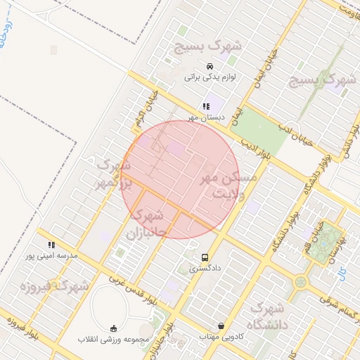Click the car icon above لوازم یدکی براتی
(x=210, y=66)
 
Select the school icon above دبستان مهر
(x=205, y=107)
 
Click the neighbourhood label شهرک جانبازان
(x=147, y=221)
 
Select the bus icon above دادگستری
(x=205, y=257)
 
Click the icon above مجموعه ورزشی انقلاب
(x=114, y=328)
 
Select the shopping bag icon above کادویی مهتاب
(x=222, y=326)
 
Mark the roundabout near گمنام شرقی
(x=302, y=282)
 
